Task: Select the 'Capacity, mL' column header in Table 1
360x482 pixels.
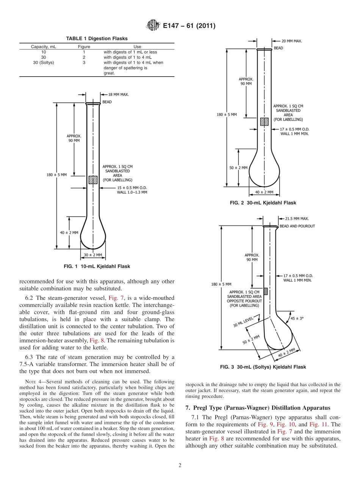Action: pos(44,47)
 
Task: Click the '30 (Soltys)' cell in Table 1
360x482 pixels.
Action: pos(44,63)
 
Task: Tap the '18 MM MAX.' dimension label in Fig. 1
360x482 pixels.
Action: pos(118,94)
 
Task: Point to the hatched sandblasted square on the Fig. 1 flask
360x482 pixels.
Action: pos(93,180)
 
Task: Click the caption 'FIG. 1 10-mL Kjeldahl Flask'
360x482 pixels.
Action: pos(97,266)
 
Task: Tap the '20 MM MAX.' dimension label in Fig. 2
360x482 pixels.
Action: pos(292,41)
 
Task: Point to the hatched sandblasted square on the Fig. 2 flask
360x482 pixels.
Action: pos(264,122)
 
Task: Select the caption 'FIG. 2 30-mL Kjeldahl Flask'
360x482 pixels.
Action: pos(263,203)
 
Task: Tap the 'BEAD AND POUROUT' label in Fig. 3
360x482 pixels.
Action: pos(297,226)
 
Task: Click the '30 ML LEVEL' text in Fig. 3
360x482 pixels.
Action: pos(243,322)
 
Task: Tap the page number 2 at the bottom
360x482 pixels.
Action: pos(180,465)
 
